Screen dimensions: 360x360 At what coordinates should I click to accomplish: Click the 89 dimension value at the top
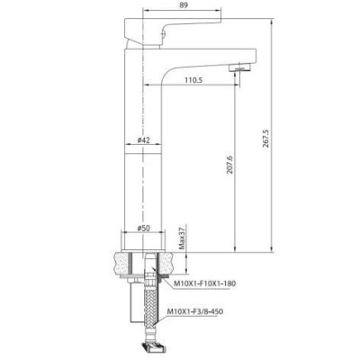(x=183, y=6)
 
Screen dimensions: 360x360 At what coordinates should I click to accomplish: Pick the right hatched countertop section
(x=175, y=263)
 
